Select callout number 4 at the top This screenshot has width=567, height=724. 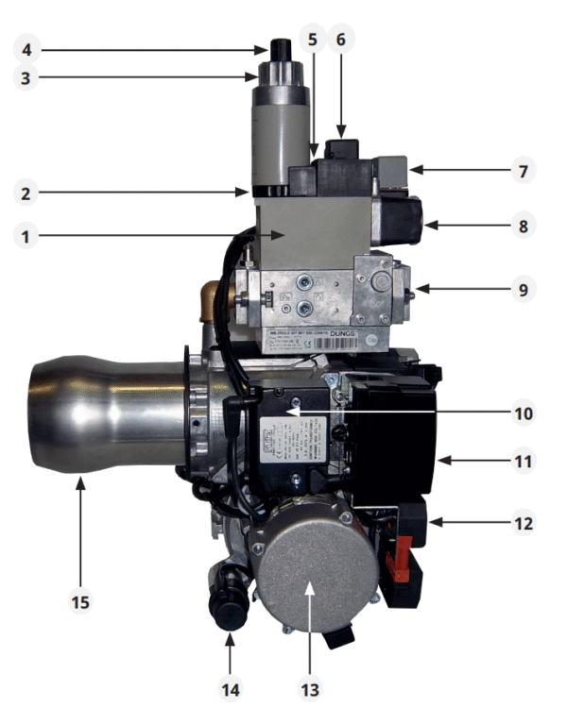pos(28,45)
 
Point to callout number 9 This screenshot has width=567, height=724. pos(520,289)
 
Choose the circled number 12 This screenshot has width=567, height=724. pos(520,521)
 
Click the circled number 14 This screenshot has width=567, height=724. pos(229,689)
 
